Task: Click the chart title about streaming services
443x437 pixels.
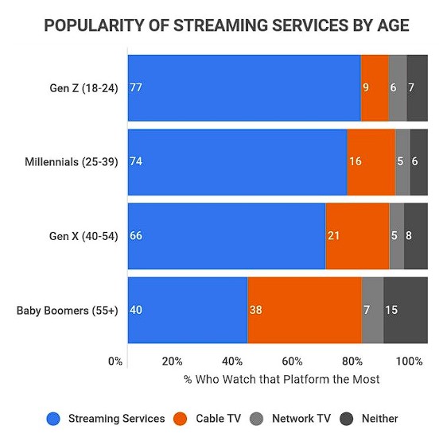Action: tap(227, 25)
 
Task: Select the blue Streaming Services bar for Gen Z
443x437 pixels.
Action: tap(243, 87)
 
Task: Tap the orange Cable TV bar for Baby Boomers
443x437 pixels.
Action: tap(304, 310)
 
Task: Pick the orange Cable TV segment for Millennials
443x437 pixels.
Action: tap(371, 161)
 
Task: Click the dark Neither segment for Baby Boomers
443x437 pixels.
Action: tap(406, 310)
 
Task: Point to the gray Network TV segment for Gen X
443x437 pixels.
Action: tap(396, 236)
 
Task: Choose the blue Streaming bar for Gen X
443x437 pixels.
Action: tap(226, 236)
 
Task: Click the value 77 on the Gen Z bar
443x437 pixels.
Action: tap(135, 87)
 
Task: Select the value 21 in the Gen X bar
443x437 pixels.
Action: tap(333, 236)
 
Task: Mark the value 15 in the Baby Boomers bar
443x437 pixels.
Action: tap(391, 310)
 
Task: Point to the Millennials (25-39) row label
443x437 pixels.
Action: tap(72, 162)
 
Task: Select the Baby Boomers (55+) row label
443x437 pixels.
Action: tap(68, 311)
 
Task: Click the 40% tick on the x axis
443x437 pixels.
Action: tap(233, 361)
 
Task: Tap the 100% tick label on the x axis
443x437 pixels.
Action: tap(409, 361)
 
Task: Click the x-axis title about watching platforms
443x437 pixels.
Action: tap(282, 379)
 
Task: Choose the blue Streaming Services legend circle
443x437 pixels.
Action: tap(54, 418)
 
